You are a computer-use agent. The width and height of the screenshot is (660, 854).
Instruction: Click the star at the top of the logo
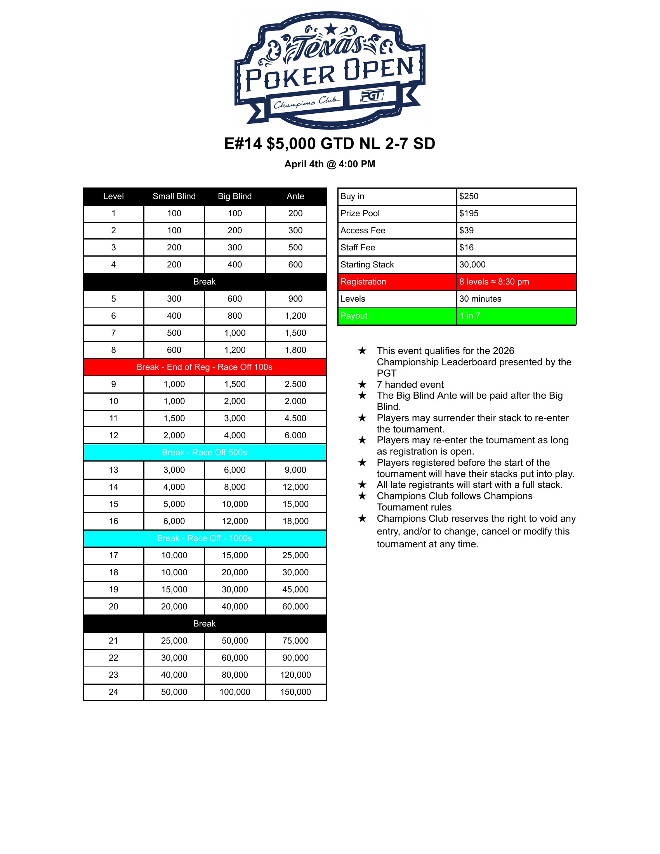(x=331, y=29)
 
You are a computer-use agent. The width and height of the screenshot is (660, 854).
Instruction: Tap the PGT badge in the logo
(x=372, y=95)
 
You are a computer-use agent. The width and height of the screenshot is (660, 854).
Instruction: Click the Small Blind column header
(x=174, y=196)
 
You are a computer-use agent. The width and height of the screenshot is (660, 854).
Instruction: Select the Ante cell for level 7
(x=295, y=333)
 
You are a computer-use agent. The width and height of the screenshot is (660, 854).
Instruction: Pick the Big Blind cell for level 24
(x=234, y=692)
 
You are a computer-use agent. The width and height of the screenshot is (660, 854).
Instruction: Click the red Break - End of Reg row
(x=205, y=367)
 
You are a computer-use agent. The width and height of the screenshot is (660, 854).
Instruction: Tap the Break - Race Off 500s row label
(x=205, y=453)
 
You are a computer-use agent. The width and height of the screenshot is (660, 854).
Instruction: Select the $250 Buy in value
(x=469, y=196)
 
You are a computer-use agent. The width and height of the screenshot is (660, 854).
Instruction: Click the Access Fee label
(x=363, y=231)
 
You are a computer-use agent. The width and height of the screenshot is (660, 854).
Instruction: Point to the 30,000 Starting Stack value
(x=472, y=265)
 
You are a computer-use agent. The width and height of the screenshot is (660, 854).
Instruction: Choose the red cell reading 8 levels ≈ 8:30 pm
(x=494, y=282)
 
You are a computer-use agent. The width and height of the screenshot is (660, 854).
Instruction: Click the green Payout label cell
(x=397, y=316)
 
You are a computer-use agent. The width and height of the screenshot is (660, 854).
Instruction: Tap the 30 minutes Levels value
(x=480, y=299)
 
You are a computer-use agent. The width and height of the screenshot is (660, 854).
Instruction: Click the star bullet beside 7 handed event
(x=363, y=385)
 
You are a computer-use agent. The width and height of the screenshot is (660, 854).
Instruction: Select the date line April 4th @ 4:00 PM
(x=330, y=164)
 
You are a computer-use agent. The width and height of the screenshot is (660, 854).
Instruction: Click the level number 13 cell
(x=113, y=470)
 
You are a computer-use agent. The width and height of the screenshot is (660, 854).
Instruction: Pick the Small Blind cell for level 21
(x=174, y=641)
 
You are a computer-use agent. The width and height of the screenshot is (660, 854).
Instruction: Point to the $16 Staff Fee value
(x=466, y=248)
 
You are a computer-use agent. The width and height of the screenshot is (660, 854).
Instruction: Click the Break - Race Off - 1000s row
(x=205, y=538)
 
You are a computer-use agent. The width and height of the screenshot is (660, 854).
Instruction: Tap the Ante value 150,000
(x=295, y=692)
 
